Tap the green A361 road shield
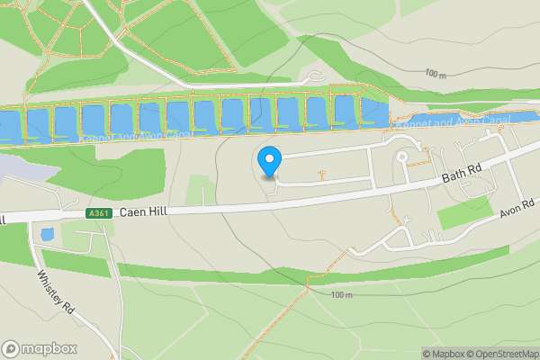99,213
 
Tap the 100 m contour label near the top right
436,74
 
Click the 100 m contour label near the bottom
341,295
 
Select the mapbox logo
39,348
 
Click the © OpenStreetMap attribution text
502,354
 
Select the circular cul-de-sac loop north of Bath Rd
401,157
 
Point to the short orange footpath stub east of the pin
321,171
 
